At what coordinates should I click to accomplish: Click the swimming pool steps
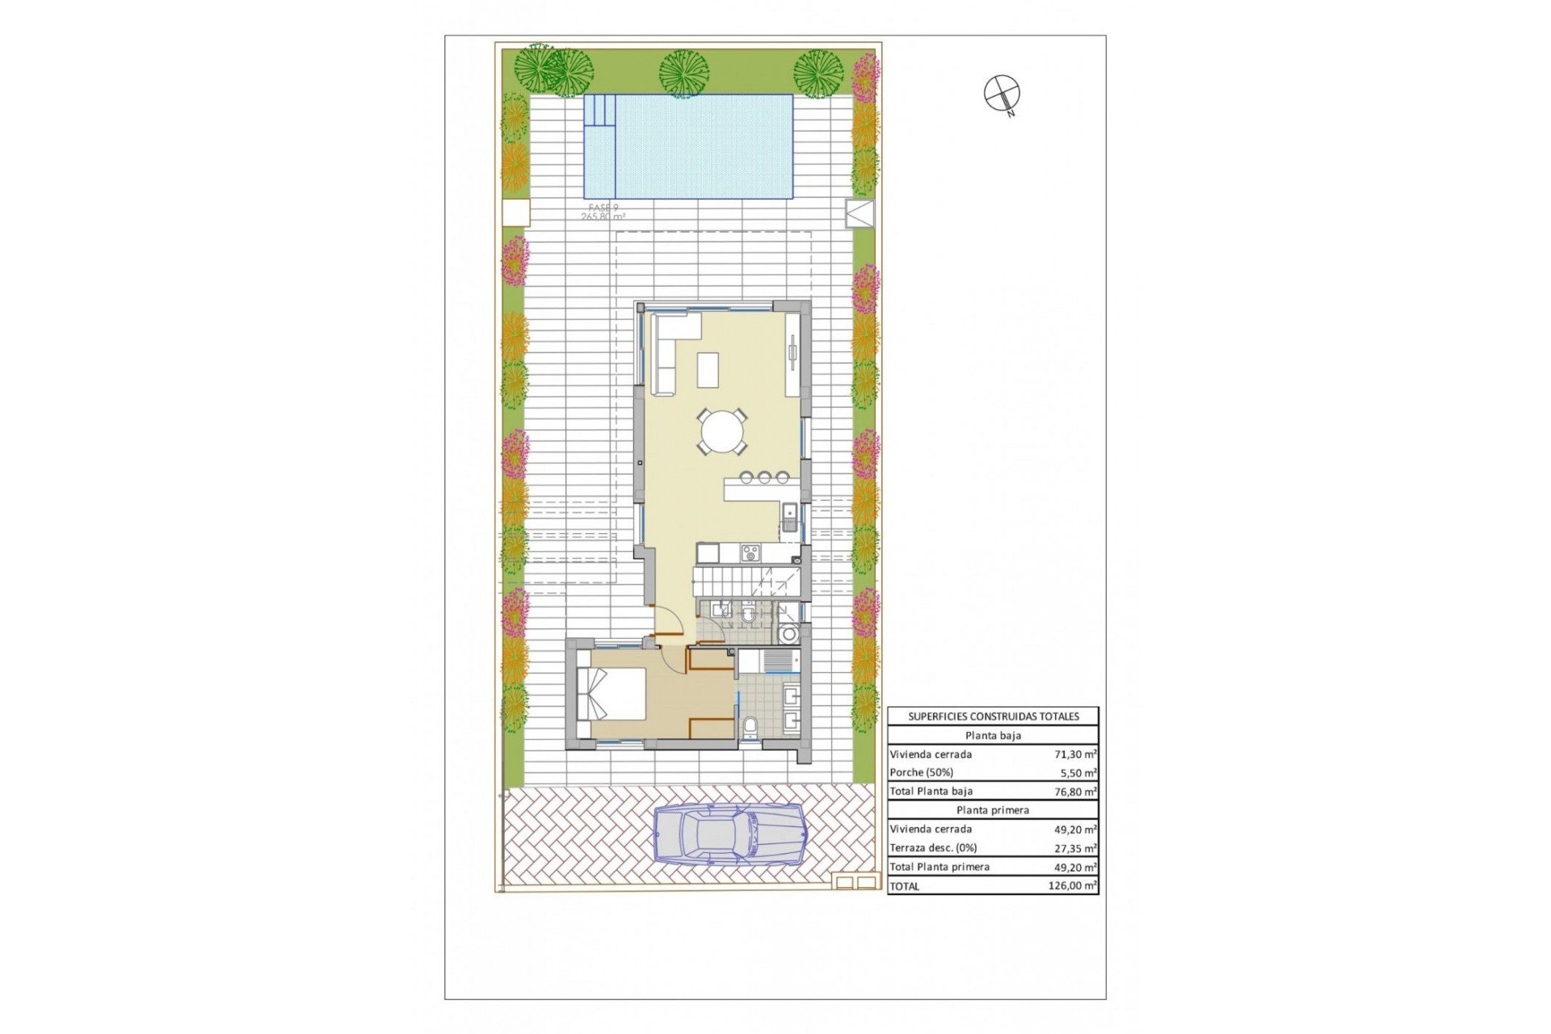[x=599, y=122]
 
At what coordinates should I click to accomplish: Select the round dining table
[x=723, y=432]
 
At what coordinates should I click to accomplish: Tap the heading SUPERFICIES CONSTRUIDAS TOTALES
[x=993, y=716]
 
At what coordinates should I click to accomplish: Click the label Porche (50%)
[x=922, y=773]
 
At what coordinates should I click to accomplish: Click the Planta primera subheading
[x=993, y=810]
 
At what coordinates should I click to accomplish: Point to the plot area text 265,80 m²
[x=603, y=216]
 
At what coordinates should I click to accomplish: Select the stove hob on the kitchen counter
[x=750, y=553]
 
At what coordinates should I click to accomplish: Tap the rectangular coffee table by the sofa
[x=708, y=369]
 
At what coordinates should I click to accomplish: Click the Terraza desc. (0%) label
[x=933, y=848]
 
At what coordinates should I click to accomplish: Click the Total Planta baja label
[x=931, y=792]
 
